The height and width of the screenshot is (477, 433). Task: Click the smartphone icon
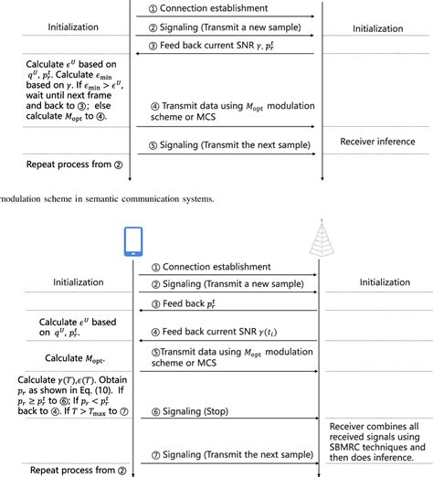tap(133, 241)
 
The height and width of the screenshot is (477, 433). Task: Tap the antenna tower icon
tap(318, 239)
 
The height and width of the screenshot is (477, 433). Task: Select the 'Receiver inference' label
tap(377, 142)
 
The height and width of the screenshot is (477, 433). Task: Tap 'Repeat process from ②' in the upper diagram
tap(62, 164)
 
